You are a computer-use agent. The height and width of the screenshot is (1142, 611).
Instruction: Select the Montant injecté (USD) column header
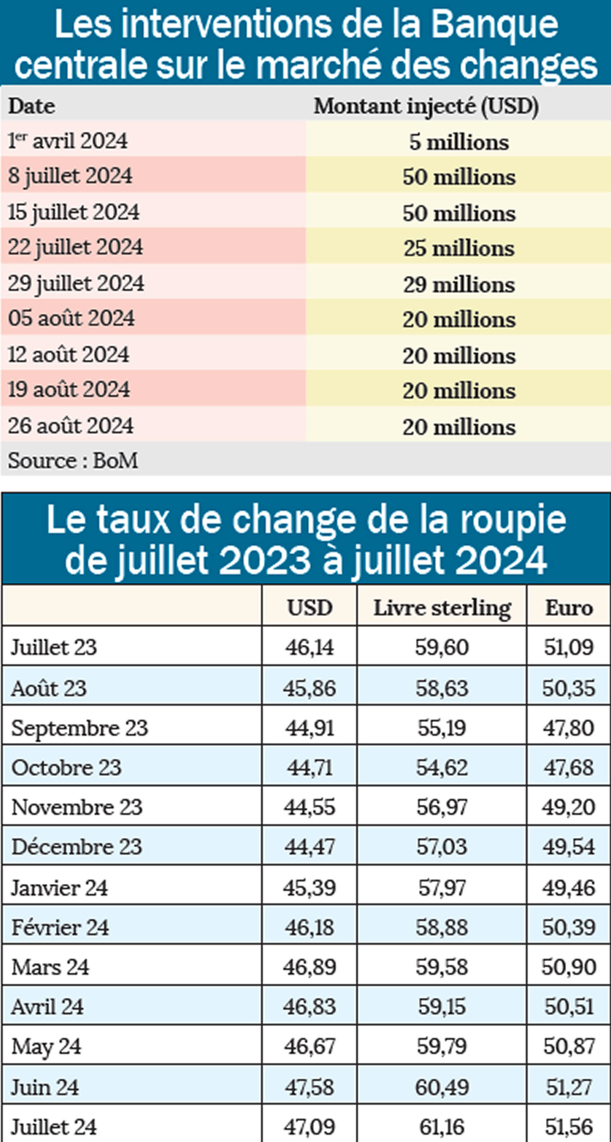[426, 106]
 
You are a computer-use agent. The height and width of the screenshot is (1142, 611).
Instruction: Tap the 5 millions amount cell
[459, 142]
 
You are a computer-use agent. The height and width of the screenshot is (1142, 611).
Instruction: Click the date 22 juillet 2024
[75, 247]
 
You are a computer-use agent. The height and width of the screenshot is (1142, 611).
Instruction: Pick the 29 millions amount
[459, 284]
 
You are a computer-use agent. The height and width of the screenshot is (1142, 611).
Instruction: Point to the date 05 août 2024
[72, 318]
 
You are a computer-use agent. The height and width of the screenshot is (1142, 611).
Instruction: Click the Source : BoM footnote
[73, 460]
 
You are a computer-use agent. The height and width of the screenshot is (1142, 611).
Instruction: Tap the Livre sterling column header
[442, 608]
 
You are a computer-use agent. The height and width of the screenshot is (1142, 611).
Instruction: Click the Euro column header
[569, 608]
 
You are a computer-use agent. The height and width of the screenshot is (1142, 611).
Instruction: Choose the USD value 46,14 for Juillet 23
[309, 647]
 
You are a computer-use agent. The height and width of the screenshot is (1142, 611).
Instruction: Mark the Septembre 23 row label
[80, 728]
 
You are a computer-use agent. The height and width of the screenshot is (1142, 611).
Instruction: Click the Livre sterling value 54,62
[442, 768]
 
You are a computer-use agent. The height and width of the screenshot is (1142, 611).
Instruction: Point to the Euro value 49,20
[569, 807]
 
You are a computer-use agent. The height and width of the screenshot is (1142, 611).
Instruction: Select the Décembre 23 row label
[77, 847]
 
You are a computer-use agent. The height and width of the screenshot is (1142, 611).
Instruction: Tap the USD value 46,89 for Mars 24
[309, 967]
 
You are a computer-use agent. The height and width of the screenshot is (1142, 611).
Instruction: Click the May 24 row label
[46, 1047]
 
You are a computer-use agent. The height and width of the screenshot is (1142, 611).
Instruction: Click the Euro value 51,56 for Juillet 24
[569, 1127]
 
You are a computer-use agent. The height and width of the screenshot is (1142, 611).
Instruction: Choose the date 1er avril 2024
[68, 141]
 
